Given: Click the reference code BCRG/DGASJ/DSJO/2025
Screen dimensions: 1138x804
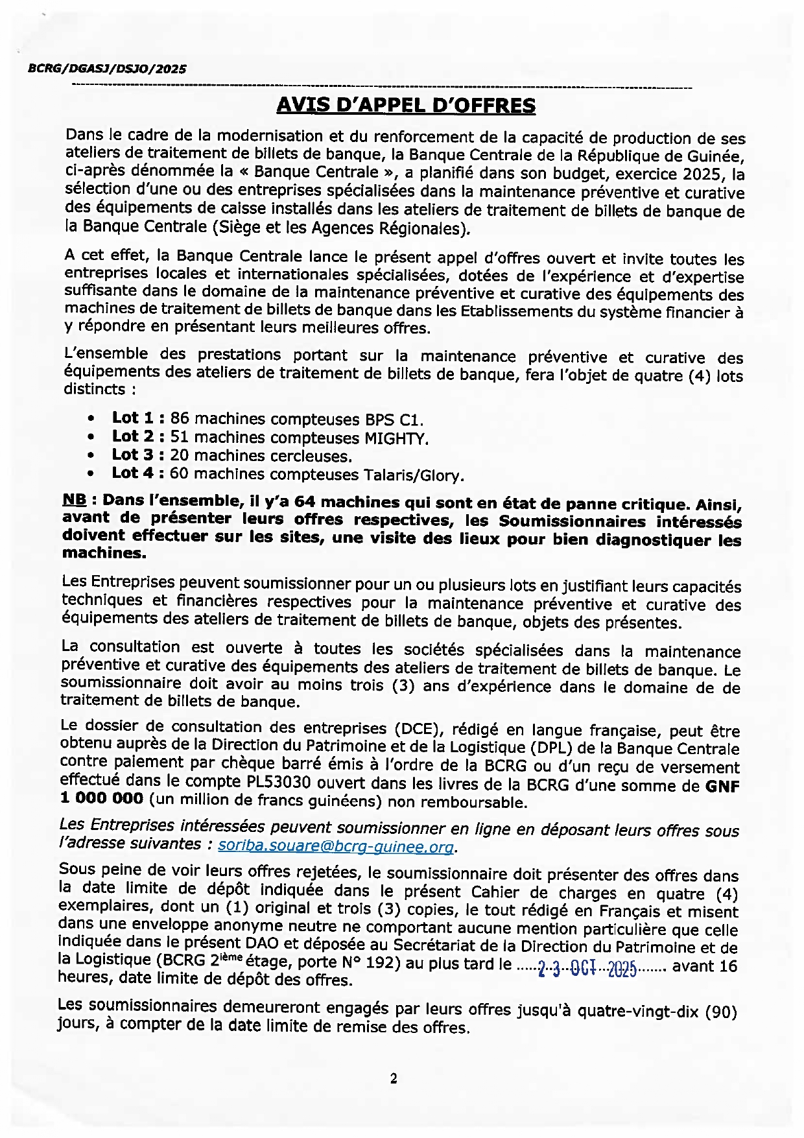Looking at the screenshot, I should pyautogui.click(x=107, y=69).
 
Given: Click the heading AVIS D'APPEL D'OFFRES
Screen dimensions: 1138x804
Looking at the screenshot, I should pyautogui.click(x=406, y=106).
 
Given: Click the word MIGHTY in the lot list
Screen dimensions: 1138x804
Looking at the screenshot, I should pyautogui.click(x=395, y=438).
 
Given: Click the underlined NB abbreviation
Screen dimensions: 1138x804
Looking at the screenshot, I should pyautogui.click(x=74, y=500).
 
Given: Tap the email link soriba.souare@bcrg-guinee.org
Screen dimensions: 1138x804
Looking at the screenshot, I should pyautogui.click(x=335, y=846).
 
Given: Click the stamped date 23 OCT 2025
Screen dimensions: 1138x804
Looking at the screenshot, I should pyautogui.click(x=587, y=969).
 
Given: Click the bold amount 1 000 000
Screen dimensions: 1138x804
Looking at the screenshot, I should pyautogui.click(x=101, y=798).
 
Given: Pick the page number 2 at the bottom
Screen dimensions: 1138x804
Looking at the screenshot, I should pyautogui.click(x=394, y=1079).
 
